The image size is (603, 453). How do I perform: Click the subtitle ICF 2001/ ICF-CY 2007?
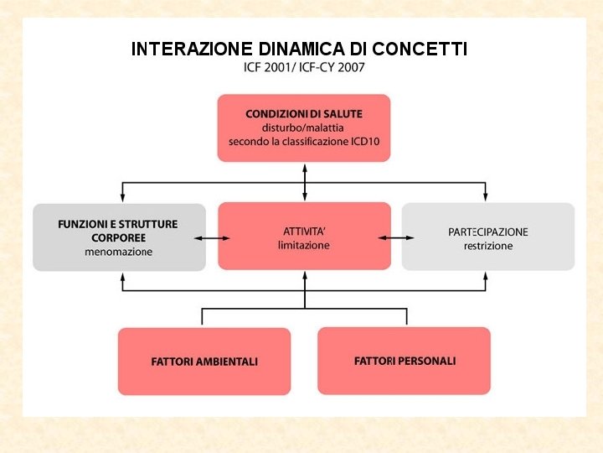[x=304, y=67]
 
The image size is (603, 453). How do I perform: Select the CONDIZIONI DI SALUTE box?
[x=304, y=128]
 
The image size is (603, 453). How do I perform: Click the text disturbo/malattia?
[x=304, y=128]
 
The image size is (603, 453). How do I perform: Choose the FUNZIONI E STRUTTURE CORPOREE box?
[x=119, y=237]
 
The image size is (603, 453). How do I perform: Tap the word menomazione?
[x=118, y=252]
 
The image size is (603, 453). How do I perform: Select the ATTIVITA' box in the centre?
[x=304, y=236]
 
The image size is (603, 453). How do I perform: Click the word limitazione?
[x=304, y=245]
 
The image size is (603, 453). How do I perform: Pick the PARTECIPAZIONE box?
[x=488, y=237]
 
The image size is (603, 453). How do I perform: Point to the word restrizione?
[x=488, y=246]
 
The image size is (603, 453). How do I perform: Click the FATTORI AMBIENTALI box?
[x=204, y=362]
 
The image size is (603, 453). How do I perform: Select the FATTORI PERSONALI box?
[x=405, y=361]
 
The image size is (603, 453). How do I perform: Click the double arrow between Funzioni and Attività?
[x=212, y=238]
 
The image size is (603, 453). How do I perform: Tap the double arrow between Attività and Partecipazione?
[x=396, y=238]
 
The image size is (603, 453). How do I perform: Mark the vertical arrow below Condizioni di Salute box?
[x=305, y=181]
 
